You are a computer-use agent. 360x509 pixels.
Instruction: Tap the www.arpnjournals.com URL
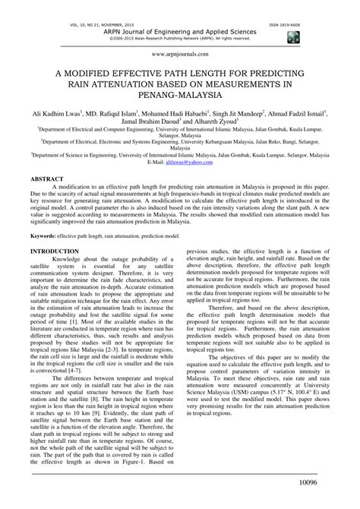click(179, 54)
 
